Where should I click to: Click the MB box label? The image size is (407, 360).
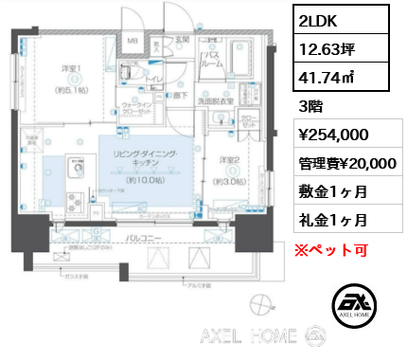[133, 43]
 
